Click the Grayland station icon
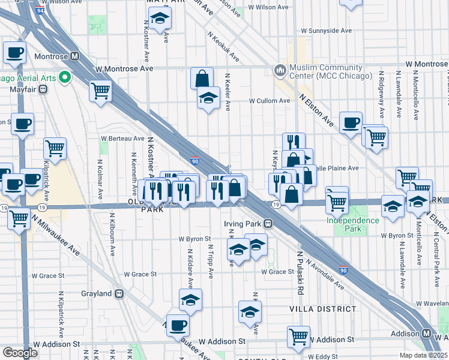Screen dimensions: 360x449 [119, 293]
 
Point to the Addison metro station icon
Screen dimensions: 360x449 [426, 333]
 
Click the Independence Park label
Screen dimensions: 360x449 [353, 220]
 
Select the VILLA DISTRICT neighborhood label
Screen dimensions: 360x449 [323, 308]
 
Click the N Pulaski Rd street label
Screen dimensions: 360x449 [298, 273]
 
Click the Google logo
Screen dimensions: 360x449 [20, 352]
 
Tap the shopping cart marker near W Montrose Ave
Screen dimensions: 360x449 [100, 91]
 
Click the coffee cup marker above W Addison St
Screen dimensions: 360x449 [178, 325]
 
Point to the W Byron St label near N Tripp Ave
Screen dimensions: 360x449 [194, 238]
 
